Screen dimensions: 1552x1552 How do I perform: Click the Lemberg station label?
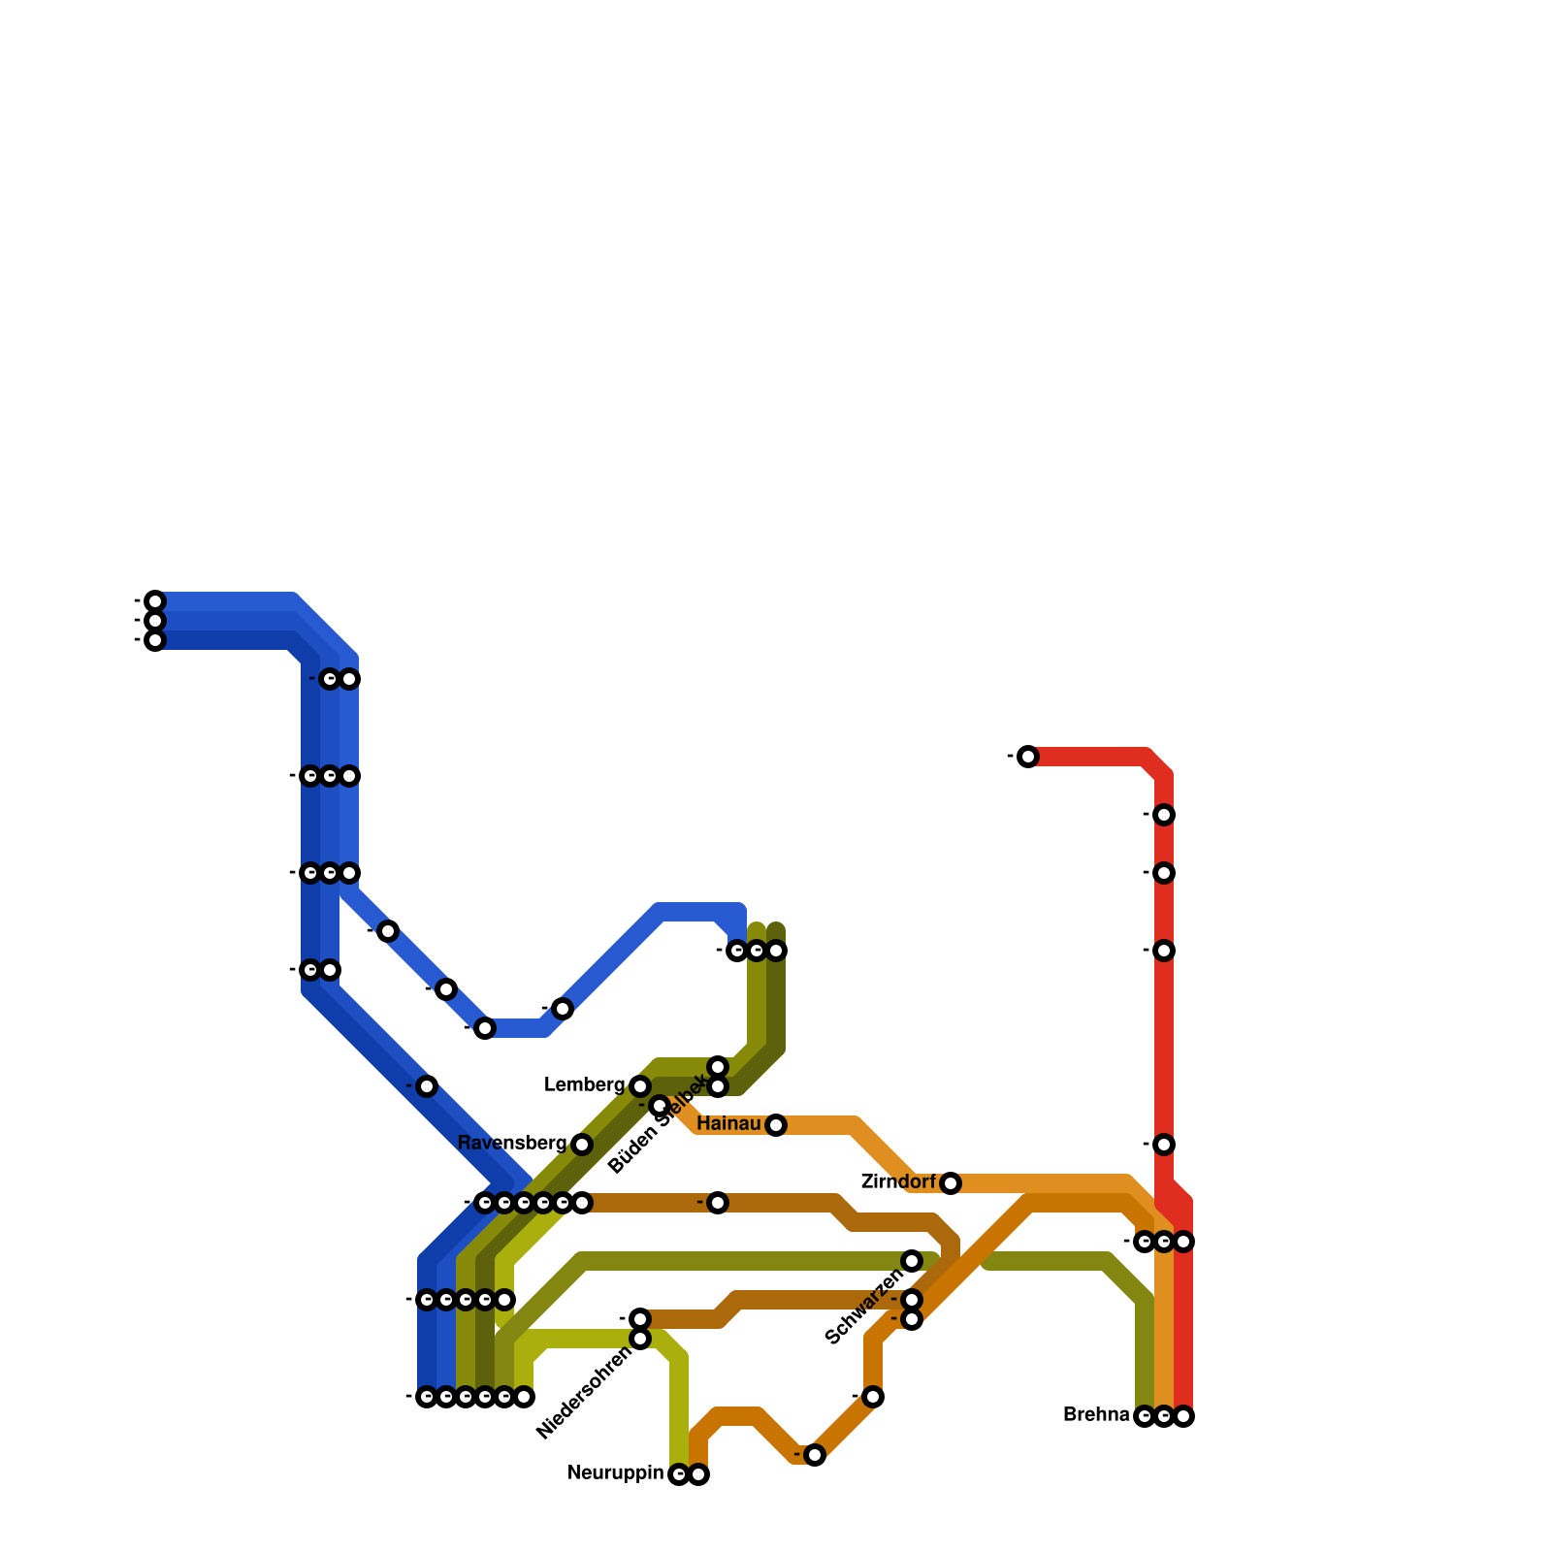point(584,1085)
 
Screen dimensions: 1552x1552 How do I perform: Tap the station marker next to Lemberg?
point(640,1086)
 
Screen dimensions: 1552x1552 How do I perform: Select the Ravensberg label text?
point(511,1144)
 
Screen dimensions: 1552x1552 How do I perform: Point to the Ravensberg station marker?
point(582,1145)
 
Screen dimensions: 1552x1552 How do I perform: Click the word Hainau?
point(728,1124)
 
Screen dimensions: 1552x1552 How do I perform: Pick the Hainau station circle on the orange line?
point(776,1125)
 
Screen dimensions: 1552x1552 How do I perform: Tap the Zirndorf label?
point(898,1182)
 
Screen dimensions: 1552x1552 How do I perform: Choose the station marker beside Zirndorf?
point(951,1183)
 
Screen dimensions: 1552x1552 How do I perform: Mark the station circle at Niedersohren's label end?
point(640,1339)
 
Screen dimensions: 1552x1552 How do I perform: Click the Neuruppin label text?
point(616,1473)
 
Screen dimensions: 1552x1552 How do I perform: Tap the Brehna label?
point(1096,1415)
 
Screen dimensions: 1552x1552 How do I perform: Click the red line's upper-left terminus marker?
point(1028,757)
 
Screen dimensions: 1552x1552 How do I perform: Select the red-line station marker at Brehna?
point(1183,1416)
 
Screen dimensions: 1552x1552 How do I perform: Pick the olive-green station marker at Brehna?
point(1145,1416)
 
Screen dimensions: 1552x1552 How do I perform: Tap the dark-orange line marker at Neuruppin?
point(698,1474)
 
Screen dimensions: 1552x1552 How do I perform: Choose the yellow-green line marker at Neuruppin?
point(679,1474)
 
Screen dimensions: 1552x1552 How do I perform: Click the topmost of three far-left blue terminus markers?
point(155,601)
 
